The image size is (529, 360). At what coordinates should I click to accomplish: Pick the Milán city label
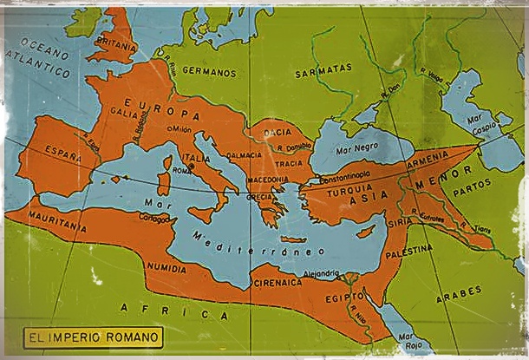point(180,129)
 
